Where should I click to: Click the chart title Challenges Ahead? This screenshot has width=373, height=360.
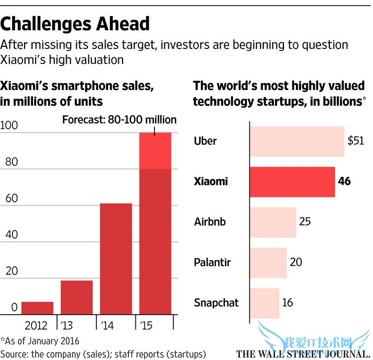75,23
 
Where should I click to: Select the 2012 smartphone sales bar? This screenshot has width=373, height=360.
37,308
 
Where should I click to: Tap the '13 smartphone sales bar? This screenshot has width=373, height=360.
76,297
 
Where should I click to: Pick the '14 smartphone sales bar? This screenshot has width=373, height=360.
116,259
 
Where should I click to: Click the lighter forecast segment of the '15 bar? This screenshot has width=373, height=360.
155,151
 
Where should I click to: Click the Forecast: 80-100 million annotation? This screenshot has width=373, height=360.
119,119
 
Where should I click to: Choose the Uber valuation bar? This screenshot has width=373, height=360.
297,141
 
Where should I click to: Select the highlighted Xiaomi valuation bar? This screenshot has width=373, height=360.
293,182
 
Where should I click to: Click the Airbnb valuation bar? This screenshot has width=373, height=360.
273,222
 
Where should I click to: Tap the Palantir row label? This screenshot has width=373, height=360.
213,263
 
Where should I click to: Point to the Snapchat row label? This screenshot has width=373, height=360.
216,302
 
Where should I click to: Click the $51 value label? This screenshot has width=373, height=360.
355,141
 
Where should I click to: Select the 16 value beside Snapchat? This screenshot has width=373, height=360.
288,302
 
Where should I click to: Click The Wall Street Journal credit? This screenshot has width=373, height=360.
303,354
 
